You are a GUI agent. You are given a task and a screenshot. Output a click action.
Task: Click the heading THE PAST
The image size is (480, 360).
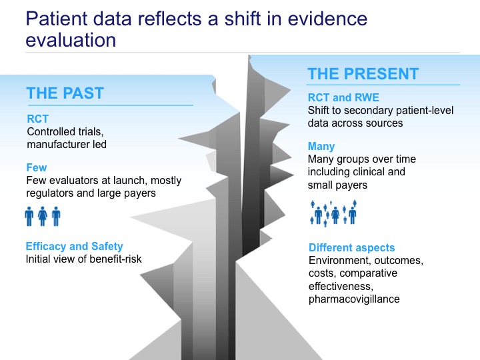pos(65,93)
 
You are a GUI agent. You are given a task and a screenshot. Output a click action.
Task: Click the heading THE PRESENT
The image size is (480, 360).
pos(363,74)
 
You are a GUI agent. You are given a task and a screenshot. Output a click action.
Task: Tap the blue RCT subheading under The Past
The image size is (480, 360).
pos(37,119)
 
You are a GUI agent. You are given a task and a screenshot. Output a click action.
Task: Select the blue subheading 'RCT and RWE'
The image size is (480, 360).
pos(343,97)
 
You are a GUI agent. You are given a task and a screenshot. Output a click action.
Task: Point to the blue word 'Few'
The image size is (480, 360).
pos(37,167)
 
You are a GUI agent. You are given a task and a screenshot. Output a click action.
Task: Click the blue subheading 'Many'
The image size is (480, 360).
pos(321,146)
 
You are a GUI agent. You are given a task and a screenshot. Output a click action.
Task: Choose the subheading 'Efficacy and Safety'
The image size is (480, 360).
pos(75,246)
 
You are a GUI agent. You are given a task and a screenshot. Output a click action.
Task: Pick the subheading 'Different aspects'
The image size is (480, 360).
pos(352,247)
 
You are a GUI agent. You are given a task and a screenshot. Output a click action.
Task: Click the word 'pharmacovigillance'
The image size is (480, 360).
pos(354,299)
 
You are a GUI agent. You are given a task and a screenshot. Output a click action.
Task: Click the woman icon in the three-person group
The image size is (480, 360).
pos(43,217)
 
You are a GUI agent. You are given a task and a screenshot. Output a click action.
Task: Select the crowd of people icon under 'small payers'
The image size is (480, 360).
pos(333,213)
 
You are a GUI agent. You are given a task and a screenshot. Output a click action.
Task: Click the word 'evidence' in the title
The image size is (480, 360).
pos(327,19)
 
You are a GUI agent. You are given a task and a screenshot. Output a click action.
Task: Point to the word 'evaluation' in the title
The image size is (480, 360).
pos(71,40)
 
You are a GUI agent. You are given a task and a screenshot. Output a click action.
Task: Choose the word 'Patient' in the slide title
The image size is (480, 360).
pos(57,19)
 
